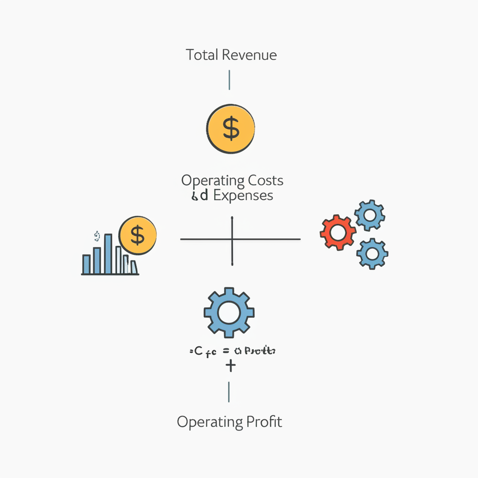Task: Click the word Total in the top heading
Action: pyautogui.click(x=202, y=55)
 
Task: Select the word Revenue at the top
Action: pyautogui.click(x=249, y=55)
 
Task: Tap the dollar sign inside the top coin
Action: pyautogui.click(x=231, y=129)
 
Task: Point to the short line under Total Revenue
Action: pyautogui.click(x=229, y=80)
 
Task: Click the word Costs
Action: pyautogui.click(x=265, y=180)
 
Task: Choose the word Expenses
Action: pyautogui.click(x=243, y=195)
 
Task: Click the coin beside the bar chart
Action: pyautogui.click(x=138, y=235)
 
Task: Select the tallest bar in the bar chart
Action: pyautogui.click(x=108, y=254)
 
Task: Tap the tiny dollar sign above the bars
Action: pyautogui.click(x=97, y=235)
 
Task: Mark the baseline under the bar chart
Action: pyautogui.click(x=110, y=274)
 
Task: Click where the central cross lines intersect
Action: pyautogui.click(x=232, y=239)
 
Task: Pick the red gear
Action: pyautogui.click(x=338, y=232)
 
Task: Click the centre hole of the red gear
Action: pyautogui.click(x=338, y=232)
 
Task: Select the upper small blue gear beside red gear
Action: pyautogui.click(x=370, y=215)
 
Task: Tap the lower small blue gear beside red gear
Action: pyautogui.click(x=372, y=253)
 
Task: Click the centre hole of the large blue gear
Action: pyautogui.click(x=229, y=312)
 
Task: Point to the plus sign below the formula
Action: pyautogui.click(x=230, y=366)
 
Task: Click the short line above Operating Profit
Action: pyautogui.click(x=229, y=392)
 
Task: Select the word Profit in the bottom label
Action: pyautogui.click(x=264, y=422)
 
